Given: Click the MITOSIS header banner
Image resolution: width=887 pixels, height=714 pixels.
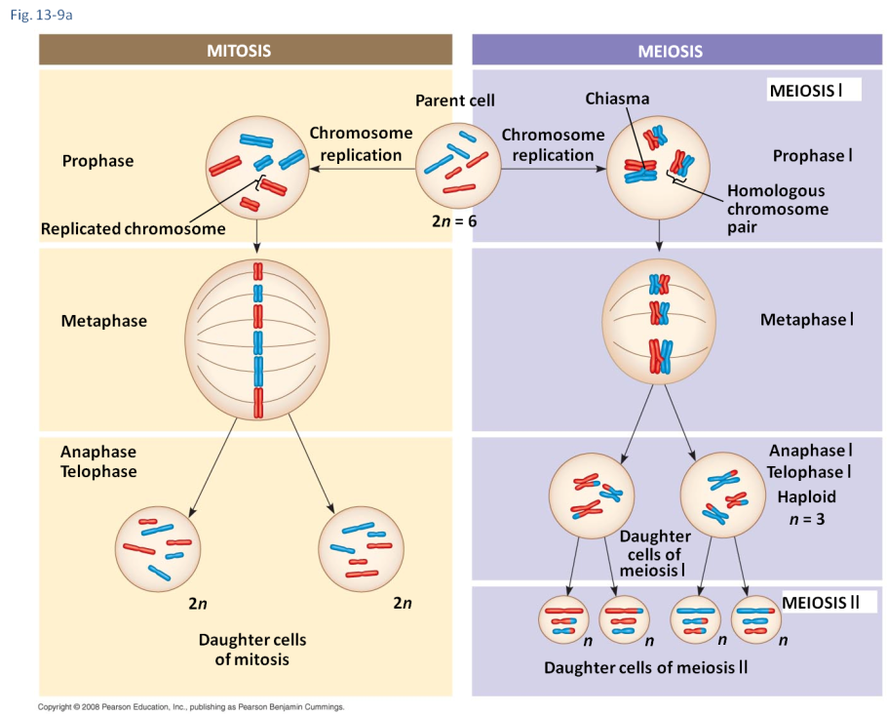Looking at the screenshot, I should click(245, 51).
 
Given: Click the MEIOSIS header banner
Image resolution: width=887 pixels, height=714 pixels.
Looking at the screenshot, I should click(676, 51).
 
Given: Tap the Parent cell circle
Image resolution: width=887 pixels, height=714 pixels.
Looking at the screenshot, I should click(458, 167).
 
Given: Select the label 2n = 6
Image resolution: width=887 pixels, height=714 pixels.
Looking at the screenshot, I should click(454, 221).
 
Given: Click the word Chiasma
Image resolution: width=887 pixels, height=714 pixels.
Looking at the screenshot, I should click(617, 99).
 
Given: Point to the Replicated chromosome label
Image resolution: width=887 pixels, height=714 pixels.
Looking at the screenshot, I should click(134, 229).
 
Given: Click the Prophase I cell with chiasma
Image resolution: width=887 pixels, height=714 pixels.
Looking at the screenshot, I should click(660, 169).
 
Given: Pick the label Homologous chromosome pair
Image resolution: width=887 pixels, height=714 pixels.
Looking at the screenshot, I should click(777, 209).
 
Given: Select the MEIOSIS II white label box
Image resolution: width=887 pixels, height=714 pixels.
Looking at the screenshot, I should click(820, 602).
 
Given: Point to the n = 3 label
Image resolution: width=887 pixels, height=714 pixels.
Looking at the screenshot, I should click(806, 519).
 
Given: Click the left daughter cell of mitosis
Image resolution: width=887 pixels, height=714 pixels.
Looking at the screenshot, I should click(157, 548).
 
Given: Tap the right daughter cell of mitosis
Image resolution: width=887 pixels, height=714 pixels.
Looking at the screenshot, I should click(362, 548).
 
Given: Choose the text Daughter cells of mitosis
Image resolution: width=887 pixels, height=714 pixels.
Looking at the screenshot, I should click(252, 650).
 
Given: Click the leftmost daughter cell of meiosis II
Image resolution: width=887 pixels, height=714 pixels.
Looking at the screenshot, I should click(564, 619).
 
